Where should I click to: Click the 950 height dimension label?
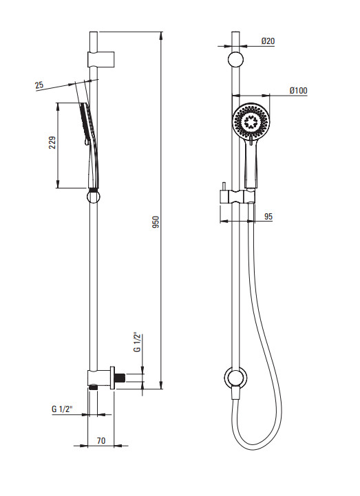[156, 222]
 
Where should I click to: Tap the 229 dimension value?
[52, 142]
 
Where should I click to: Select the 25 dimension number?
[39, 85]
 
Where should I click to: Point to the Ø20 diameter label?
[268, 41]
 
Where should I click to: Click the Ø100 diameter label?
[298, 91]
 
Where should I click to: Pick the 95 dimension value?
[268, 217]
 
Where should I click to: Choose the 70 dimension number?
[101, 441]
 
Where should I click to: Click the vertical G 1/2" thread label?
[137, 342]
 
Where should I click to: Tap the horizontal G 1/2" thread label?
[62, 409]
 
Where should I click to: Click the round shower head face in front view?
[251, 121]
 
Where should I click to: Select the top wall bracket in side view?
[100, 58]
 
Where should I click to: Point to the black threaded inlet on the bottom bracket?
[120, 378]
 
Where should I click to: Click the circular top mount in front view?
[236, 60]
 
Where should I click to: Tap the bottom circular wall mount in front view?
[235, 378]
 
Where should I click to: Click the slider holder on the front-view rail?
[237, 197]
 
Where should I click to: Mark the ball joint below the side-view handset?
[93, 197]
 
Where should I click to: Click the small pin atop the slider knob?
[224, 186]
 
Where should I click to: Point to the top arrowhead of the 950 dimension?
[161, 36]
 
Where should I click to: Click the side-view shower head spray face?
[83, 123]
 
